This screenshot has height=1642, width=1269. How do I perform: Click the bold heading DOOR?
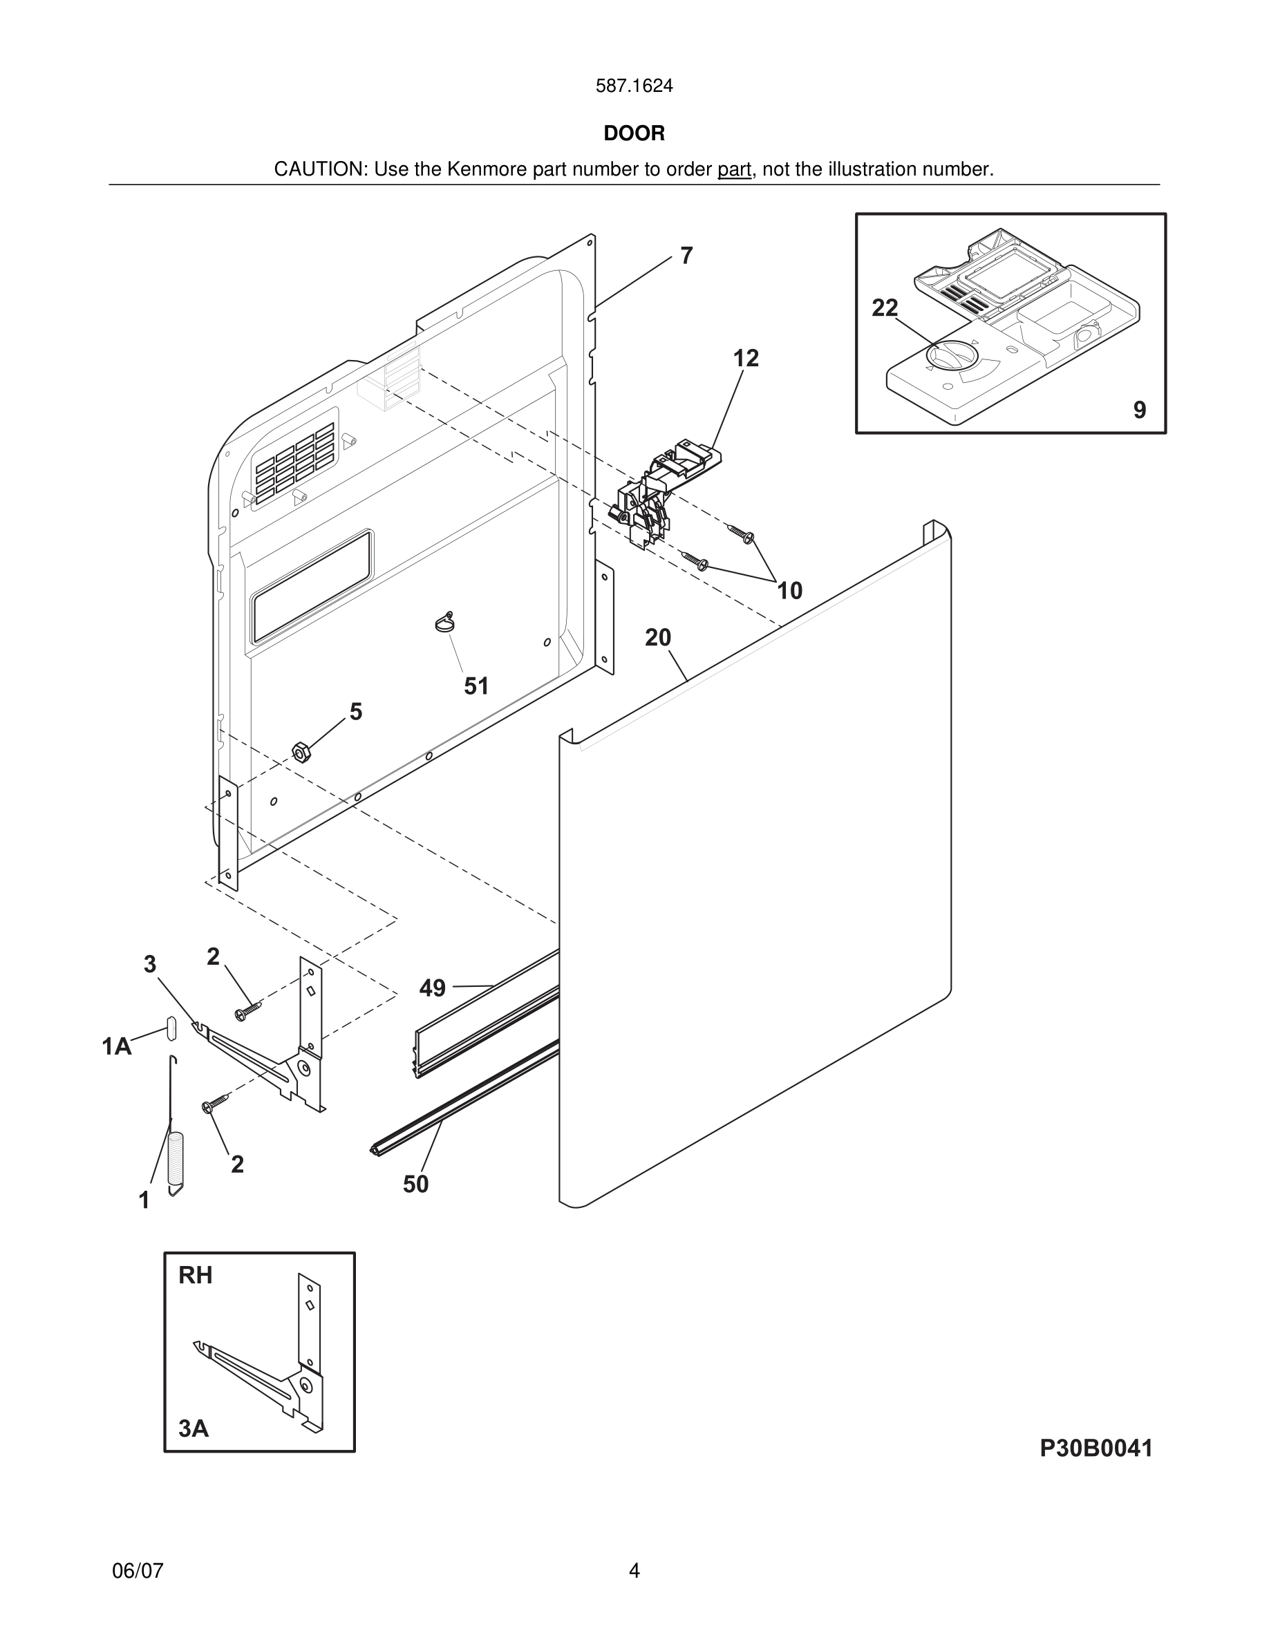[x=634, y=134]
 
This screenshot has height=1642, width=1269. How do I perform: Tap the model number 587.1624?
[x=634, y=86]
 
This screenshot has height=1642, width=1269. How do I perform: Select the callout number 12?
[x=746, y=359]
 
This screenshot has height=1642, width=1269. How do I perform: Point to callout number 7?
[x=686, y=256]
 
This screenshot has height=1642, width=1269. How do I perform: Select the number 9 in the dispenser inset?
[x=1140, y=410]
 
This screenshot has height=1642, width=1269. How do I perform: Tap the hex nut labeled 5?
[x=301, y=751]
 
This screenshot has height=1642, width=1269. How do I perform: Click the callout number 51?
[x=476, y=686]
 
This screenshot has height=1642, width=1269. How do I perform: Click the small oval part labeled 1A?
[x=171, y=1027]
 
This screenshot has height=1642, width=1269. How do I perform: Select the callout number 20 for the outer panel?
[x=658, y=638]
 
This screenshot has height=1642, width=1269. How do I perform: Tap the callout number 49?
[x=432, y=988]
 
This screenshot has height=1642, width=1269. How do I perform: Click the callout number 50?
[x=415, y=1184]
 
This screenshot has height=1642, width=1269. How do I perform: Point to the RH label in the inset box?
[x=196, y=1275]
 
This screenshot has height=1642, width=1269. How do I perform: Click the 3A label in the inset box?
[x=194, y=1428]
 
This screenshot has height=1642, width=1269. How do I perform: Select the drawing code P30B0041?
[x=1096, y=1448]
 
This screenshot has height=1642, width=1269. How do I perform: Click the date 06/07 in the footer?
[x=138, y=1571]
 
